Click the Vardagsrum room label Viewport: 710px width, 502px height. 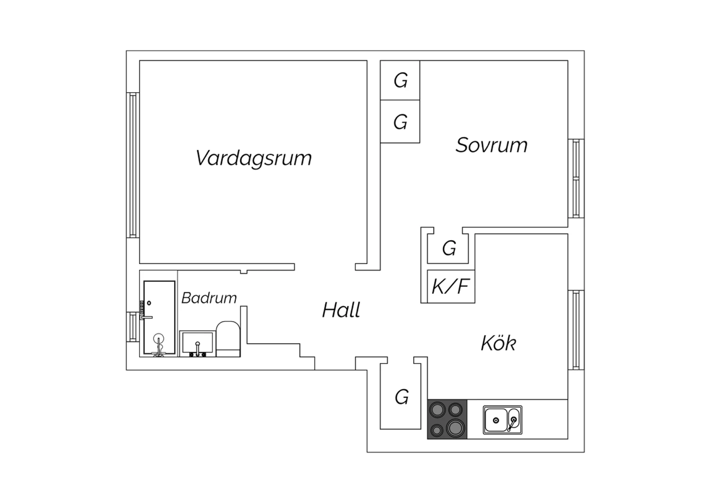tap(254, 158)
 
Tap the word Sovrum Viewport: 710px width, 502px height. tap(492, 145)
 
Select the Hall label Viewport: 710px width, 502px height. tap(341, 310)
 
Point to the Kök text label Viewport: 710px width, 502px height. tap(498, 343)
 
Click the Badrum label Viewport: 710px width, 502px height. tap(209, 298)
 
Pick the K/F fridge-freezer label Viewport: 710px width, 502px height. tap(451, 286)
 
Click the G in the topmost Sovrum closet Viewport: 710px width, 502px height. tap(400, 81)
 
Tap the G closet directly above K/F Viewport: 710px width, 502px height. tap(449, 248)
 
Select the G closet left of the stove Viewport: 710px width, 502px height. tap(401, 397)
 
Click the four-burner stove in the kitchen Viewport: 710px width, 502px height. tap(447, 419)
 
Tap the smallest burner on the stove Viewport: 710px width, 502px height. tap(437, 430)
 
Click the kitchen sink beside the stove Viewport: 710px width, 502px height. tap(503, 420)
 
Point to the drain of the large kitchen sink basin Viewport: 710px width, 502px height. tap(496, 421)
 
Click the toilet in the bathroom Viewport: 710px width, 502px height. tap(228, 339)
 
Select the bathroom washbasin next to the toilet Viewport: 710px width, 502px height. tap(197, 344)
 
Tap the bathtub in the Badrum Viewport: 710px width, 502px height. tap(160, 317)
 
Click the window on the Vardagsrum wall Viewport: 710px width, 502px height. tap(133, 165)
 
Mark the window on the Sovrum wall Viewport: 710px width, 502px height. tap(576, 179)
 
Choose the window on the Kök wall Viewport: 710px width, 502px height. tap(576, 330)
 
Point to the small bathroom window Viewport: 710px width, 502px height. tap(133, 327)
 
